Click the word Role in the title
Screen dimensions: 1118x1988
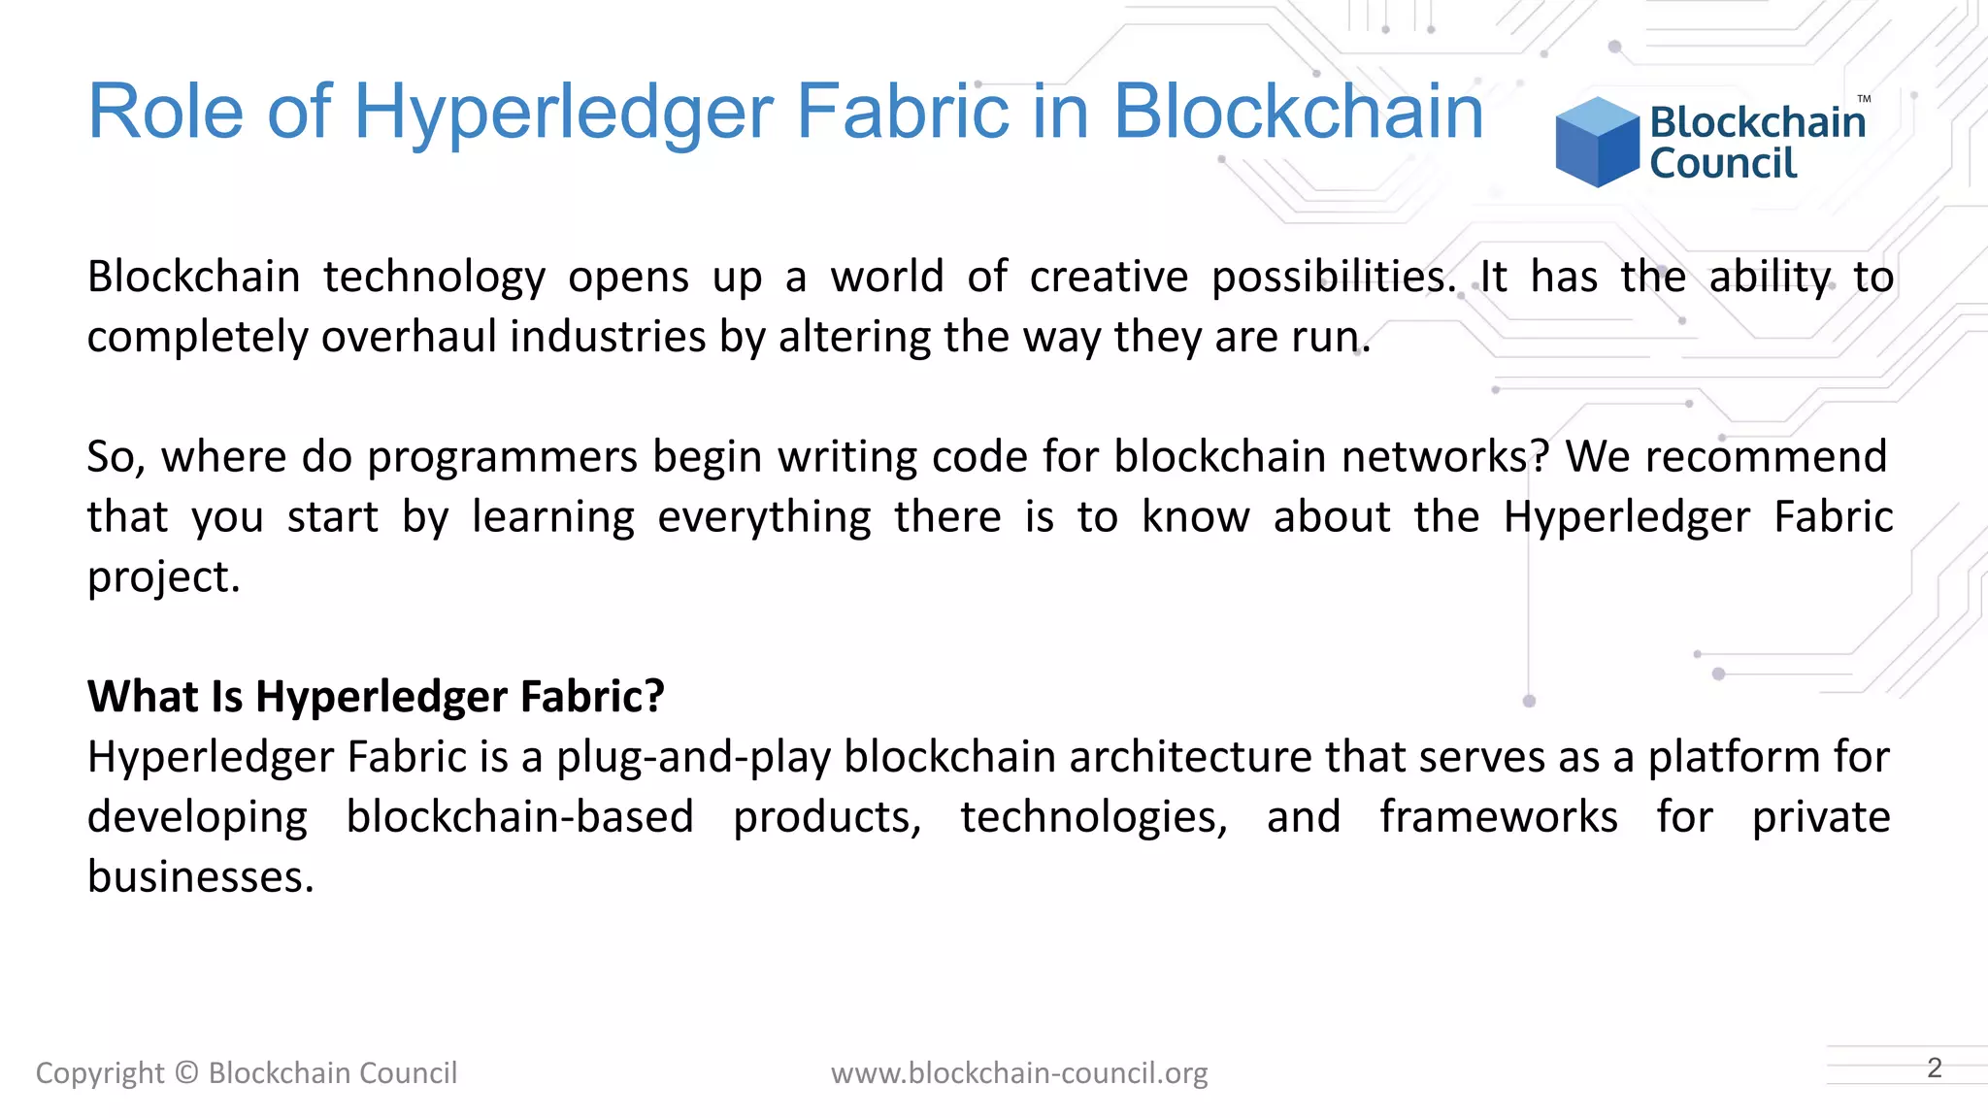pyautogui.click(x=165, y=112)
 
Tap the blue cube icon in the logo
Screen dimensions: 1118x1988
pyautogui.click(x=1597, y=142)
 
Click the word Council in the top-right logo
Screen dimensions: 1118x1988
pyautogui.click(x=1723, y=163)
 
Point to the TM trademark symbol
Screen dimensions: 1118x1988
pyautogui.click(x=1864, y=99)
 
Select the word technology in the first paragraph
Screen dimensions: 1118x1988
pyautogui.click(x=434, y=278)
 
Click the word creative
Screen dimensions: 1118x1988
pyautogui.click(x=1109, y=278)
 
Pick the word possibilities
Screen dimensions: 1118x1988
pyautogui.click(x=1334, y=278)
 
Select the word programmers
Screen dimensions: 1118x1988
pyautogui.click(x=502, y=457)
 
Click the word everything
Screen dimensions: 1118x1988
pyautogui.click(x=764, y=517)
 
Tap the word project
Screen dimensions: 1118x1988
pyautogui.click(x=163, y=577)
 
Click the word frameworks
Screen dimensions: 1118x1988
pyautogui.click(x=1499, y=817)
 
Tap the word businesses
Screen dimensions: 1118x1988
pyautogui.click(x=200, y=877)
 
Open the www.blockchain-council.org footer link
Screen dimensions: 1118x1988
pyautogui.click(x=1019, y=1073)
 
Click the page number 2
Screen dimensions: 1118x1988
pyautogui.click(x=1935, y=1069)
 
